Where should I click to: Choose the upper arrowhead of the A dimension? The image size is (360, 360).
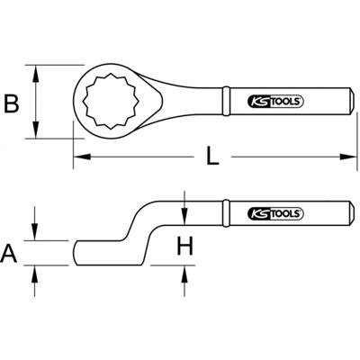coord(36,235)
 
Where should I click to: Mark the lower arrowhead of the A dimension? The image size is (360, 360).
coord(36,269)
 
